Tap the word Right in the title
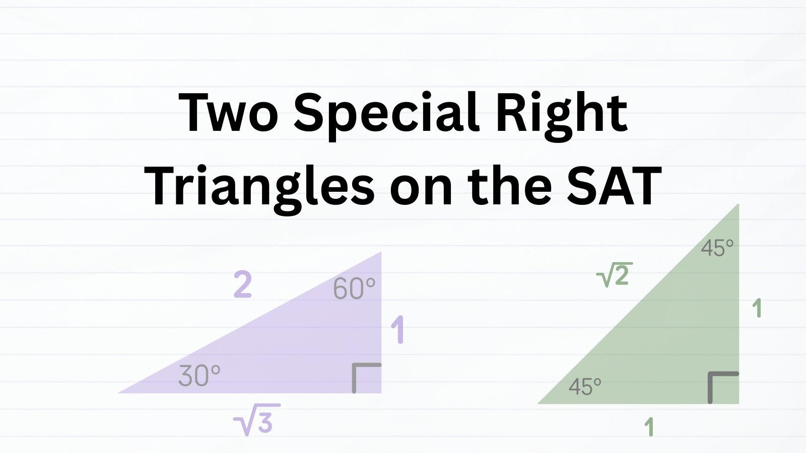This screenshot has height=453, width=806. [x=562, y=116]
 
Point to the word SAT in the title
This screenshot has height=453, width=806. [x=614, y=186]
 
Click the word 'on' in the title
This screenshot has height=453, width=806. [x=421, y=191]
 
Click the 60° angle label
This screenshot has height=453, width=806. [x=354, y=288]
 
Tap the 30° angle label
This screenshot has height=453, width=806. [x=199, y=375]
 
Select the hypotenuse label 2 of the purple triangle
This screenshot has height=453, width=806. [x=242, y=285]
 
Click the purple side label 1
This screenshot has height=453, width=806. [x=397, y=330]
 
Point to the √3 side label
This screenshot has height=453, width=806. [x=257, y=420]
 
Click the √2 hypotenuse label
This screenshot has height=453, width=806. [x=614, y=275]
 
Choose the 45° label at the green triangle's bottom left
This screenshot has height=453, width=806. [x=585, y=387]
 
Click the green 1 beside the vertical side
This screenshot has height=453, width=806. [x=757, y=309]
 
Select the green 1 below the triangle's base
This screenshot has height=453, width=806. [x=649, y=427]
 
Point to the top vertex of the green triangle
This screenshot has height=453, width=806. [x=738, y=204]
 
